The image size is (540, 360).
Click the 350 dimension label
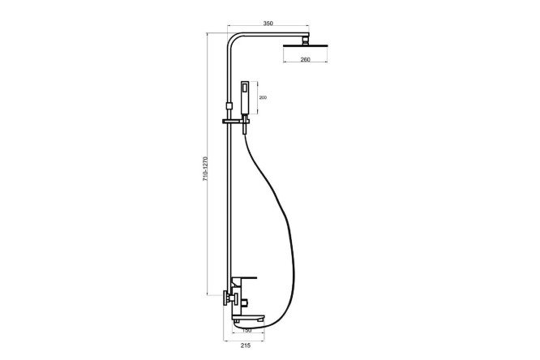[x=268, y=24]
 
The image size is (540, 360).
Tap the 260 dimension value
[x=305, y=60]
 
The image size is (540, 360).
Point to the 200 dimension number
[x=263, y=97]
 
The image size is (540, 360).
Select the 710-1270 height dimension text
[x=205, y=169]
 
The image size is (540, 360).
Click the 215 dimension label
[x=245, y=345]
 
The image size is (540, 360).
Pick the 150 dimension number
[x=247, y=331]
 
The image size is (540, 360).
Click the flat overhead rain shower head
[x=305, y=46]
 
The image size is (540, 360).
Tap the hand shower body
[x=245, y=97]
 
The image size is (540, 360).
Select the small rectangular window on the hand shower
[x=245, y=88]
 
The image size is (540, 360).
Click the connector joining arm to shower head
[x=305, y=41]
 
